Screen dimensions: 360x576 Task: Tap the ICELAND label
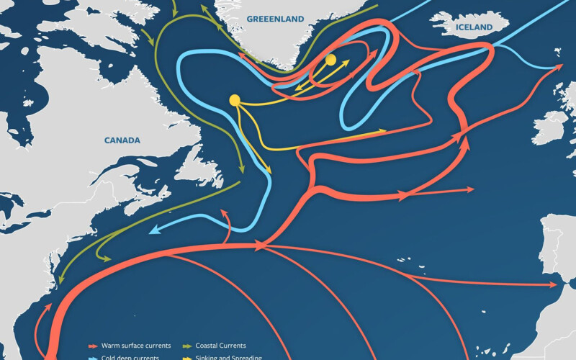pos(474,27)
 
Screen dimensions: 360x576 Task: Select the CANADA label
pos(122,140)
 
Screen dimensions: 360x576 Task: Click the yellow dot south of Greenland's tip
pos(330,60)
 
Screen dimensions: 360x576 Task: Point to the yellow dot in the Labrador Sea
pos(235,100)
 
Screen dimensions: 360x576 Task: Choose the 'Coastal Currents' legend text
pos(220,346)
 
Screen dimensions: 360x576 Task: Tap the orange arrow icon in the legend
pos(94,346)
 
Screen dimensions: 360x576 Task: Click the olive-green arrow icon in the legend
pos(187,346)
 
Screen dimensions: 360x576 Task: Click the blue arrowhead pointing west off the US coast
pos(153,233)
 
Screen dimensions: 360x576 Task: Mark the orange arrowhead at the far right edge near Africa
pos(557,284)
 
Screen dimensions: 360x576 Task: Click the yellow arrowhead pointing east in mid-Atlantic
pos(384,131)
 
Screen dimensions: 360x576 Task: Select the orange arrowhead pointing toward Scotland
pos(559,67)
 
